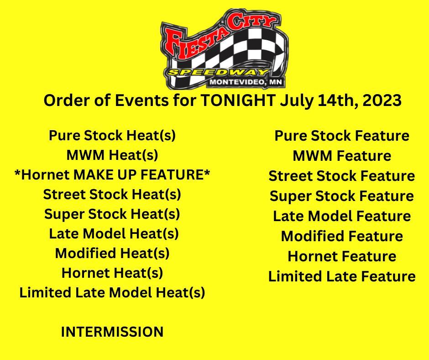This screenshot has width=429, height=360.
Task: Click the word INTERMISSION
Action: coord(112,332)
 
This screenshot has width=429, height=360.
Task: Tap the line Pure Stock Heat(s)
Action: coord(112,136)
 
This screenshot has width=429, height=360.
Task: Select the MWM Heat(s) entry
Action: coord(112,155)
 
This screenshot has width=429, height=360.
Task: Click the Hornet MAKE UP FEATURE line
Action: coord(112,175)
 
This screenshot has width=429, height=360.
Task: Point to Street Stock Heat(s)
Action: coord(112,195)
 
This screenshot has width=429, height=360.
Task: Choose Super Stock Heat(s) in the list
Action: coord(112,214)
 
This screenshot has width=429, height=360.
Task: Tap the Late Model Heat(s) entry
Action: coord(114,234)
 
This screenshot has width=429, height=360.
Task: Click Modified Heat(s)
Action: coord(112,254)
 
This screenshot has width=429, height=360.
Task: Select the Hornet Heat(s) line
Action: coord(112,273)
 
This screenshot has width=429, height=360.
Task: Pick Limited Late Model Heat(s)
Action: coord(112,292)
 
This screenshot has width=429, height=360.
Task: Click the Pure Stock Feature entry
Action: coord(342,136)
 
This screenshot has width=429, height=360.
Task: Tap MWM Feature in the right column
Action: coord(342,156)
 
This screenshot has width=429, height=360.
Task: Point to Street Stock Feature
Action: coord(342,176)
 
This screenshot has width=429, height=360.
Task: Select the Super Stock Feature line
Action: coord(342,196)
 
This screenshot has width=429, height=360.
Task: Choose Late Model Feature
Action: coord(342,216)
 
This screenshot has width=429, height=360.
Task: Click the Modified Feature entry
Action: coord(342,236)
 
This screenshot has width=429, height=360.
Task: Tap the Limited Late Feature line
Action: coord(342,276)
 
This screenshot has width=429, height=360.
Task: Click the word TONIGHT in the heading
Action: coord(238,100)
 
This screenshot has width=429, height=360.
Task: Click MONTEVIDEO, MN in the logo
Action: coord(246,82)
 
